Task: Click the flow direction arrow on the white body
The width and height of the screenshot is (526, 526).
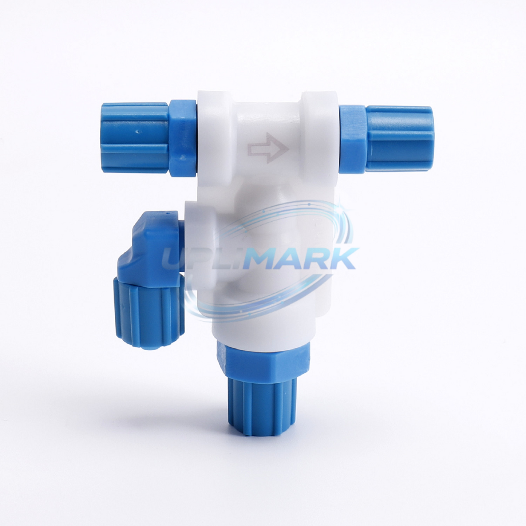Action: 268,148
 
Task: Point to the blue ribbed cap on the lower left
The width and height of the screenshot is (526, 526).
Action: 149,311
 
